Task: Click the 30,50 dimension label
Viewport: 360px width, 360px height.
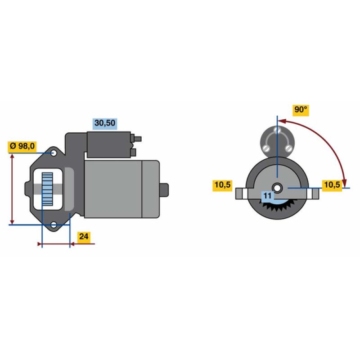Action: [105, 123]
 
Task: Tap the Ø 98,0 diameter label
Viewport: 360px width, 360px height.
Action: [22, 146]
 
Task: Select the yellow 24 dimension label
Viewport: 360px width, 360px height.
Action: [84, 236]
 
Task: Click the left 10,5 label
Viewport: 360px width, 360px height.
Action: [222, 184]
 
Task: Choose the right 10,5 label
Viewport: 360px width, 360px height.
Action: [332, 184]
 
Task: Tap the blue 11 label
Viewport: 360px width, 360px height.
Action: [267, 196]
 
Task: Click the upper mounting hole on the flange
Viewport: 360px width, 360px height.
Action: [54, 153]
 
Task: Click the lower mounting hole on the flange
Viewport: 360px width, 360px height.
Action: [54, 225]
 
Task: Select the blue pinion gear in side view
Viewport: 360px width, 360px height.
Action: [47, 189]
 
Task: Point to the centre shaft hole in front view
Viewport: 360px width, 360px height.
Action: [277, 188]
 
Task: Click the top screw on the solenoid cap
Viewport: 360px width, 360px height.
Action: [277, 130]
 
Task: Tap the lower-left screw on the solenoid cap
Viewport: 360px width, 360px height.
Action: [266, 148]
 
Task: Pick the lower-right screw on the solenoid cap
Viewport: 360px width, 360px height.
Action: [289, 148]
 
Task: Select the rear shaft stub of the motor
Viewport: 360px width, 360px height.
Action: [164, 189]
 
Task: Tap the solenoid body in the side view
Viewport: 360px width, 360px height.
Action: [109, 144]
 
